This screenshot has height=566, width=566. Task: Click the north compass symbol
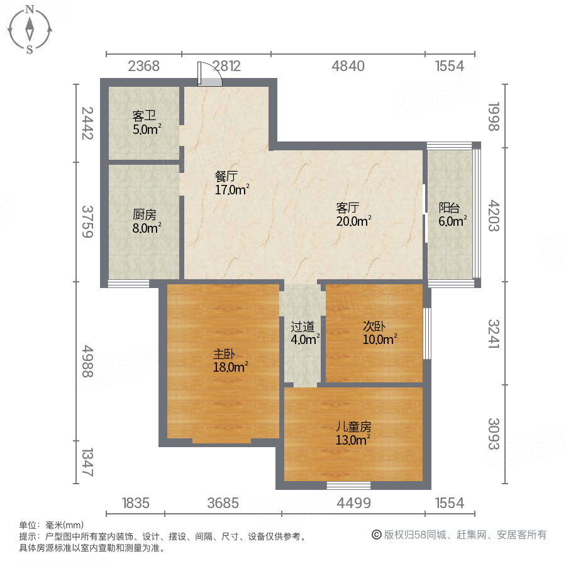pos(30,29)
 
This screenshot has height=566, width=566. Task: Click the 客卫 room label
pos(144,116)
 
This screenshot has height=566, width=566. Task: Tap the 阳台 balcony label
pos(449,207)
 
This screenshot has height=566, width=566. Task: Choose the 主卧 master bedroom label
pos(224,353)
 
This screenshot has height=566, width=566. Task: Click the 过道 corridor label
pos(302,327)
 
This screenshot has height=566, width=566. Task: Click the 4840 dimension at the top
pos(348,66)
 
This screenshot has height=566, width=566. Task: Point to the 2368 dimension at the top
pos(144,66)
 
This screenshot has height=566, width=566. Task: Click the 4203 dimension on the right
pos(494,216)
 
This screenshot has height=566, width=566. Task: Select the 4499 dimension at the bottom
pos(354,503)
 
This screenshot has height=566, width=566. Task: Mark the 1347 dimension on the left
pos(87,462)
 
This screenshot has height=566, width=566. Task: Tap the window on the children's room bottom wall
pos(348,485)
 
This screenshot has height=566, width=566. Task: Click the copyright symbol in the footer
pos(377,535)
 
